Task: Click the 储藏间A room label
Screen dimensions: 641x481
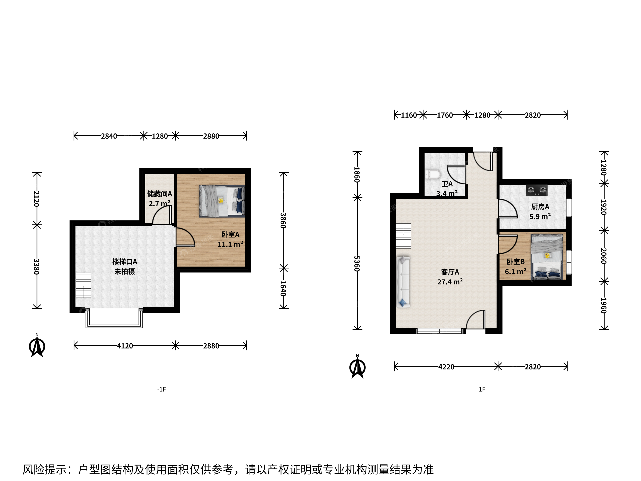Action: click(x=160, y=194)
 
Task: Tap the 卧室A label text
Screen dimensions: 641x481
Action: click(x=230, y=234)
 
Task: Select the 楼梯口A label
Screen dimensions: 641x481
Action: click(x=125, y=262)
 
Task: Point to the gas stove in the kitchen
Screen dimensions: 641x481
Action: click(x=537, y=190)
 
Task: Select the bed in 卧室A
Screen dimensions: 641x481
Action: click(x=222, y=201)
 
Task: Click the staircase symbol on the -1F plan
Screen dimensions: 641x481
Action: click(x=83, y=285)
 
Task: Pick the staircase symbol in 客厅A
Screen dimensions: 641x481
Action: click(x=403, y=236)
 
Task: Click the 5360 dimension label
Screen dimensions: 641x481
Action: click(x=357, y=264)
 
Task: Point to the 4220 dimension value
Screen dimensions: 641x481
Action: click(x=446, y=367)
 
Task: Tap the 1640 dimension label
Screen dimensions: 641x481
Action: click(x=283, y=288)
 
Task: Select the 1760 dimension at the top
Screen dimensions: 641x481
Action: click(x=445, y=115)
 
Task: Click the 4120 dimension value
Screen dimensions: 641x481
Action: click(x=125, y=346)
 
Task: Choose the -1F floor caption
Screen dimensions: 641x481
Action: click(x=161, y=389)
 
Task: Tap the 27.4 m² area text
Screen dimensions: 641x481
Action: click(x=450, y=281)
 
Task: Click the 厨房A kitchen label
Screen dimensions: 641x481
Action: click(x=540, y=207)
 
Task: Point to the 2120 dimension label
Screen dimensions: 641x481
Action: click(x=37, y=199)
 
